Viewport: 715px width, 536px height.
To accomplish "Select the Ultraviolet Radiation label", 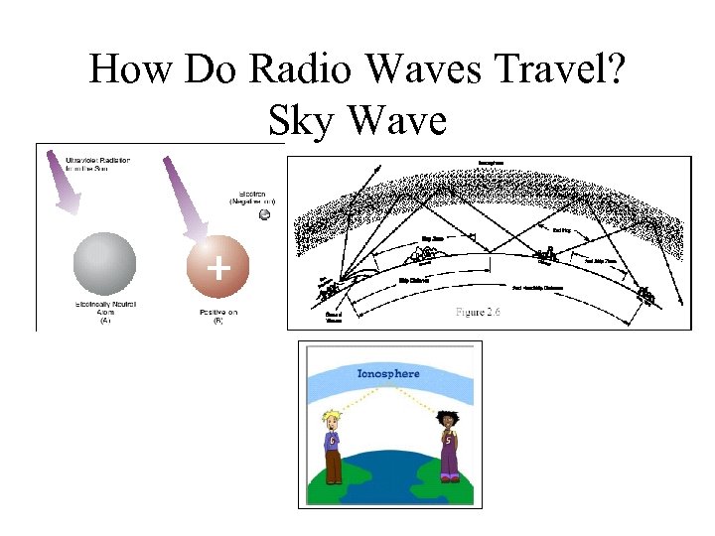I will point(97,165).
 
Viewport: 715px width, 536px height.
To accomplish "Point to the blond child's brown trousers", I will point(333,467).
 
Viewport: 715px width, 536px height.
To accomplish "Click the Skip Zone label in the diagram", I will point(433,238).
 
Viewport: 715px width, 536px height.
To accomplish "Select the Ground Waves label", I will point(336,318).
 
